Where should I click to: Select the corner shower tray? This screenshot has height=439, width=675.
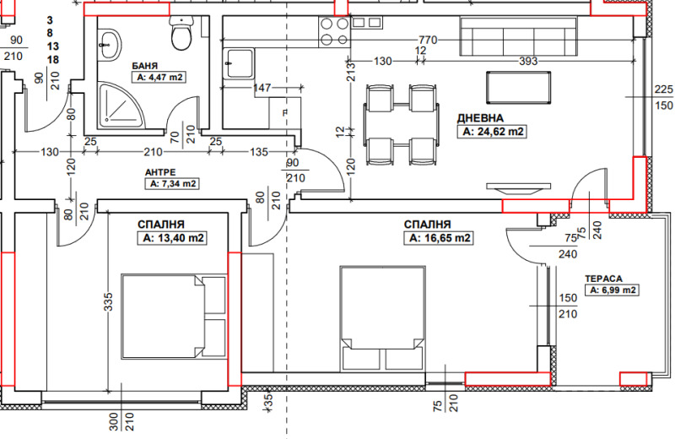coord(121,106)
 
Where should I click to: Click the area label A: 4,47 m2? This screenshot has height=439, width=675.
coord(159,78)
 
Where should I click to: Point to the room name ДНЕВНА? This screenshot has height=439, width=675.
coord(480,118)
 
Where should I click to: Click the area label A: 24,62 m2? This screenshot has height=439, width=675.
coord(492,132)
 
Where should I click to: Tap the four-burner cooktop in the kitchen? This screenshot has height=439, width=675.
coord(334,31)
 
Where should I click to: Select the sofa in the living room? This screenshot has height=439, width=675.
coord(518,36)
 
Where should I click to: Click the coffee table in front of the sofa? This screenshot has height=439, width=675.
coord(518,88)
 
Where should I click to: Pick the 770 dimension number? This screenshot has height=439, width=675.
coord(428,40)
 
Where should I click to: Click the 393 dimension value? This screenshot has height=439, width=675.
coord(528,61)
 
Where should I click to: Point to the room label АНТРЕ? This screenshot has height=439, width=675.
coord(160,173)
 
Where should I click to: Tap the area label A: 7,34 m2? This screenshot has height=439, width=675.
coord(172,184)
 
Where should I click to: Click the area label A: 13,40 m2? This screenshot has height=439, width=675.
coord(172,238)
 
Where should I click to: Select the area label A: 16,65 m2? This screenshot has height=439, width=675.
coord(439,238)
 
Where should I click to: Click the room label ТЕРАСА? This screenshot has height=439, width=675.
coord(603,279)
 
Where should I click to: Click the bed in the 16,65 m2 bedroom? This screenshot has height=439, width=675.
coord(383,319)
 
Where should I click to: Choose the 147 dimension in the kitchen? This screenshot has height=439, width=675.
coord(262,88)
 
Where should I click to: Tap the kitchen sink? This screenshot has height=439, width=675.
coord(239,64)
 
